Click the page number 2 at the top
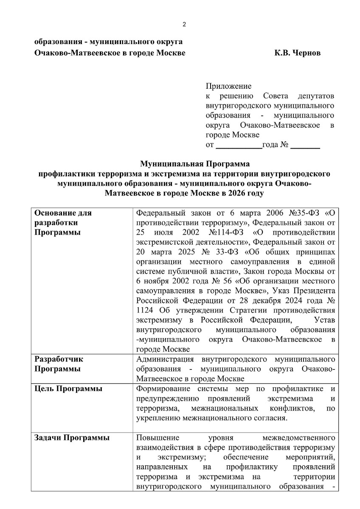click(x=184, y=24)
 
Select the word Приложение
click(x=228, y=87)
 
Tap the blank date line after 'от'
click(x=239, y=145)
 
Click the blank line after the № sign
click(x=305, y=145)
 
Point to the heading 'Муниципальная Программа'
click(x=195, y=163)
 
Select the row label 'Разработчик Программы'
click(x=59, y=364)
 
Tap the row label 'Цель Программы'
click(x=67, y=389)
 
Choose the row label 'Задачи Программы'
click(x=71, y=438)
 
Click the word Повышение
click(x=157, y=438)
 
